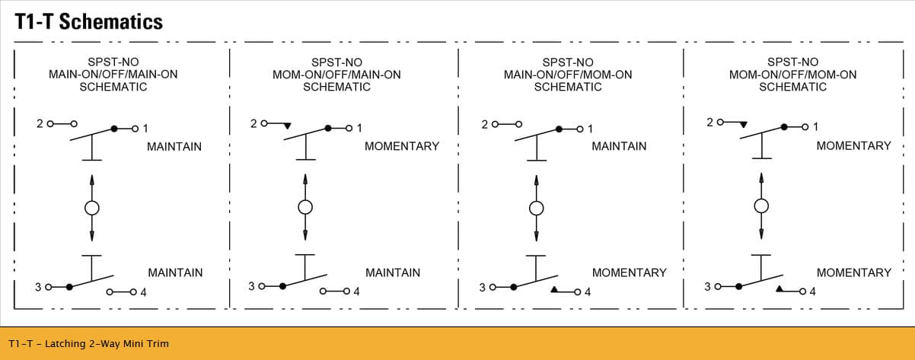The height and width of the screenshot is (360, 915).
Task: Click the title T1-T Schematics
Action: click(88, 21)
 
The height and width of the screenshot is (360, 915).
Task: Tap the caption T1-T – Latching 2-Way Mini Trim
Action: click(88, 344)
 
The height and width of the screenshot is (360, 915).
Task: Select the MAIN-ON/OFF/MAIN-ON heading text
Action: click(113, 75)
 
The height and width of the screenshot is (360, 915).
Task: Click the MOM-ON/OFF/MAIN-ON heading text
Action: click(336, 75)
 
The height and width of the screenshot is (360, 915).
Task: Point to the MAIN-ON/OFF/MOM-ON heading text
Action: click(568, 75)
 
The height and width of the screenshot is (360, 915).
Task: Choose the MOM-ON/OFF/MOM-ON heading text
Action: click(793, 75)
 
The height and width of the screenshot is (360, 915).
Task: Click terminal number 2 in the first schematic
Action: click(40, 123)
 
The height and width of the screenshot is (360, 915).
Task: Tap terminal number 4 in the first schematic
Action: click(143, 292)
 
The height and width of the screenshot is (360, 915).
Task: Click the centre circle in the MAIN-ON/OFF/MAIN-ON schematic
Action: click(92, 208)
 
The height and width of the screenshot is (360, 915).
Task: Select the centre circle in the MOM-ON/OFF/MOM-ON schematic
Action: click(761, 206)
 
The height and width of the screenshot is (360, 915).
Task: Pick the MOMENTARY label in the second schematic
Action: click(402, 146)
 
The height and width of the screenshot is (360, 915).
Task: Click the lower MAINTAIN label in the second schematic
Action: click(393, 272)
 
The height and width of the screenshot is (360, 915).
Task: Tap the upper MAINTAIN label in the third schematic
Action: click(619, 146)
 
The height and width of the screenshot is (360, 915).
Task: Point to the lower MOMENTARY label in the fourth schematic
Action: click(854, 272)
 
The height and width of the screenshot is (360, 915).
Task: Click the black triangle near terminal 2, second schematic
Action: click(288, 126)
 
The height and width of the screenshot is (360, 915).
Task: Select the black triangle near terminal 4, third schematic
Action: click(554, 289)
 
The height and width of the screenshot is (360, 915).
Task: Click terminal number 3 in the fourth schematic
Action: click(707, 287)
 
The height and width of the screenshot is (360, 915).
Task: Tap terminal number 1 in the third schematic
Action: click(590, 129)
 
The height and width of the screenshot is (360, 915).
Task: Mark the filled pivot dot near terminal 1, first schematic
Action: click(114, 129)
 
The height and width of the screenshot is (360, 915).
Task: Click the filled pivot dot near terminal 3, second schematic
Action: click(282, 286)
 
